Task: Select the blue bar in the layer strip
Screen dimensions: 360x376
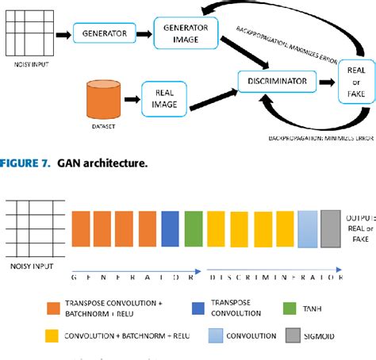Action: coord(171,228)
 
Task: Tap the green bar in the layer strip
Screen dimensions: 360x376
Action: coord(194,228)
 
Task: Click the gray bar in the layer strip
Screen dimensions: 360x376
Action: coord(331,228)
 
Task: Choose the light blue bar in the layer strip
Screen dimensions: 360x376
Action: coord(308,228)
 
